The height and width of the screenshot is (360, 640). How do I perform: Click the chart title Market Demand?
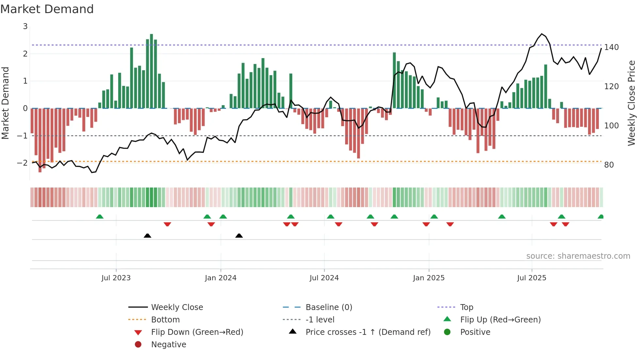click(47, 9)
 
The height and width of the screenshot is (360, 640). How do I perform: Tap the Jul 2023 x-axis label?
click(116, 278)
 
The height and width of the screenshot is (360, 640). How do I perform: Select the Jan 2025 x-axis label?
click(428, 278)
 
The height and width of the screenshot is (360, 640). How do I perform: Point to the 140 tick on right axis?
click(611, 47)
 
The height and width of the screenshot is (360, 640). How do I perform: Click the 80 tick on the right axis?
click(609, 165)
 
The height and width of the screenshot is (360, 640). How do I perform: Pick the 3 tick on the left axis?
click(25, 26)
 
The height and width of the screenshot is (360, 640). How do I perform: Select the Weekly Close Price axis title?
click(632, 103)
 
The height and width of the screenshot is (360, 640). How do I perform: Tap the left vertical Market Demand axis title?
click(5, 103)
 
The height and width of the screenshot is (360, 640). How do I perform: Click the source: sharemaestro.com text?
click(578, 256)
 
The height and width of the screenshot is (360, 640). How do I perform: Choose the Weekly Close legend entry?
click(177, 307)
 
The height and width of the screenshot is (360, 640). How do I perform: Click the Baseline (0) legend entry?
click(328, 307)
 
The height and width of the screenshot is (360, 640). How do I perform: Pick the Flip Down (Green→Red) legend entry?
click(197, 332)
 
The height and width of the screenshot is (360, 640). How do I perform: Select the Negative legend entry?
click(168, 345)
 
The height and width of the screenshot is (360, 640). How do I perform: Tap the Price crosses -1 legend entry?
click(368, 332)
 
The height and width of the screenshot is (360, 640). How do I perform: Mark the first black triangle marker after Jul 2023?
click(147, 236)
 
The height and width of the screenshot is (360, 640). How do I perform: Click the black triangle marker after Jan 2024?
click(239, 236)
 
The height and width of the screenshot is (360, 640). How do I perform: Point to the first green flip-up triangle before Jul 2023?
click(100, 217)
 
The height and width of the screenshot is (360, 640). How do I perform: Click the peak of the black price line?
click(542, 34)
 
